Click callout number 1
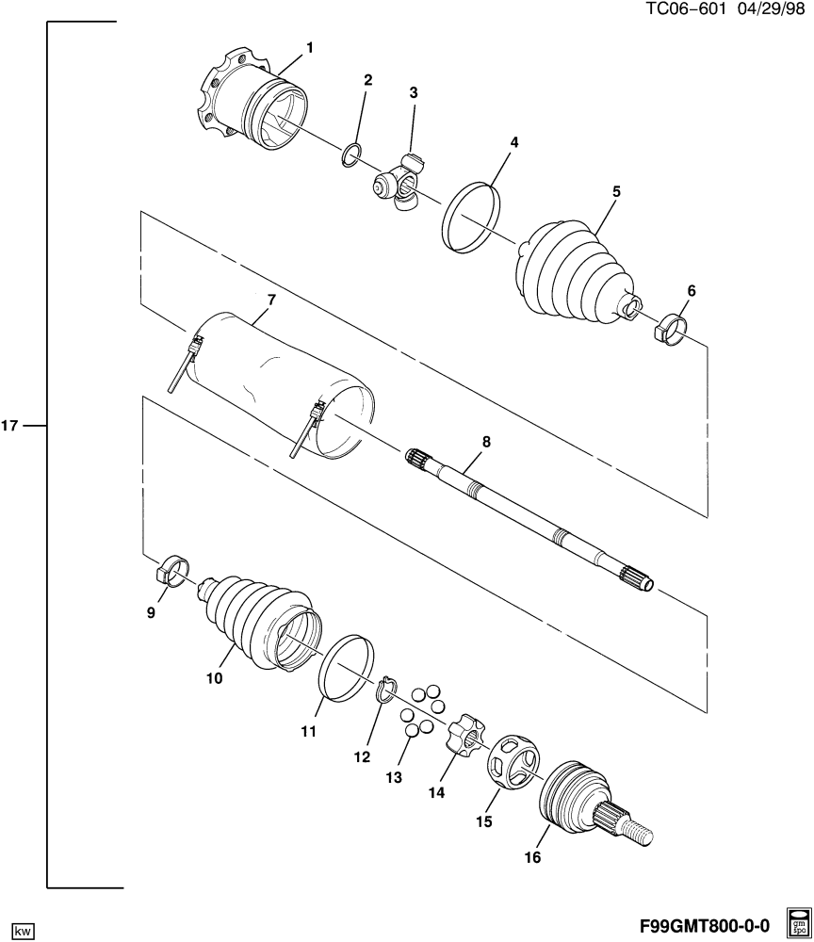(x=310, y=47)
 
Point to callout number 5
(x=616, y=191)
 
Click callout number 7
(x=271, y=300)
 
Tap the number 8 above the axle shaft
(x=486, y=442)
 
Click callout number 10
(x=215, y=678)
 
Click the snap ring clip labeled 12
(x=387, y=689)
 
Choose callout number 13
(x=394, y=778)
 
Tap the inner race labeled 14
(x=465, y=732)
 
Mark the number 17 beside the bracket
(x=10, y=426)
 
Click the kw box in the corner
(x=23, y=931)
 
